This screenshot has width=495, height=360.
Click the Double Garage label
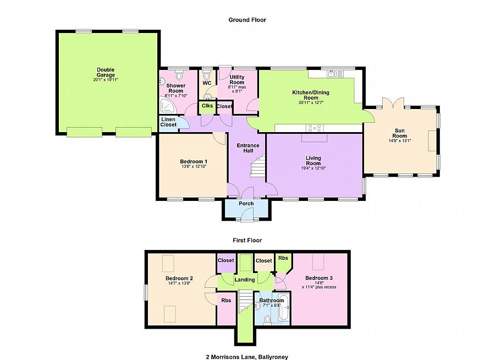[106, 72]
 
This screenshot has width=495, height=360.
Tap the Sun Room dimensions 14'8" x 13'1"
[400, 141]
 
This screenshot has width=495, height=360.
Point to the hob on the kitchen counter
[315, 128]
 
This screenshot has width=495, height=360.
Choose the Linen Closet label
[168, 122]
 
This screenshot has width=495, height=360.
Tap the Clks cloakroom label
[207, 106]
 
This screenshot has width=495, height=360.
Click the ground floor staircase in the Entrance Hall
[257, 165]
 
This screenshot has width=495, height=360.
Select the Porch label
[246, 204]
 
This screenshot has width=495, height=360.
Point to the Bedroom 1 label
[194, 161]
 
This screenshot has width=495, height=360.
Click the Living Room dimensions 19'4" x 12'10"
[313, 168]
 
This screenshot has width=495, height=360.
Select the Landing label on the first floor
[245, 280]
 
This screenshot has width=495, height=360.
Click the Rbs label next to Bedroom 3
[283, 258]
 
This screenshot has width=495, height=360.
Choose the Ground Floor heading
[247, 20]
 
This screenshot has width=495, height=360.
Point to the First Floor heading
[247, 240]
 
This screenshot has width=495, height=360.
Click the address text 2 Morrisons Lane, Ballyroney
[247, 357]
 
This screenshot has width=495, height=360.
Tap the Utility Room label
[237, 80]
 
